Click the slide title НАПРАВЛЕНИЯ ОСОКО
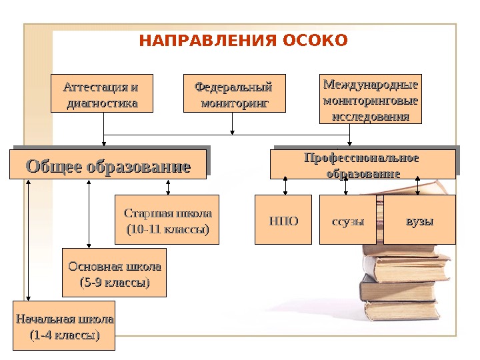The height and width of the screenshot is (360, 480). [x=243, y=41]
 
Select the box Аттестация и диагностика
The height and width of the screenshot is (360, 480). [x=102, y=93]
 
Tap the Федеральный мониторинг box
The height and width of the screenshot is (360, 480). [x=233, y=93]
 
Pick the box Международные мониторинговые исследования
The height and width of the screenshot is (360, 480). [x=371, y=99]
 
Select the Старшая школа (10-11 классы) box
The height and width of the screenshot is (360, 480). [x=167, y=220]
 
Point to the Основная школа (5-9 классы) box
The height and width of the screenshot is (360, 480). [x=114, y=273]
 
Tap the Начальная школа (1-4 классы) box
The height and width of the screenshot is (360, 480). [x=65, y=326]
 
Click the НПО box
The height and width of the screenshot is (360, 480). [x=284, y=220]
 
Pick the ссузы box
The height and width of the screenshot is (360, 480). [x=348, y=220]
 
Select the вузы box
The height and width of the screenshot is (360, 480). [x=420, y=219]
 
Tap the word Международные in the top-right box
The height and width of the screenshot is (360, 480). [x=371, y=85]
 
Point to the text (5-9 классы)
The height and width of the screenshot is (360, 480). [x=114, y=283]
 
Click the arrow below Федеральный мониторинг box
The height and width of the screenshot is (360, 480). [x=233, y=123]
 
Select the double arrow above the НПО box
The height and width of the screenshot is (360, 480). [x=285, y=187]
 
